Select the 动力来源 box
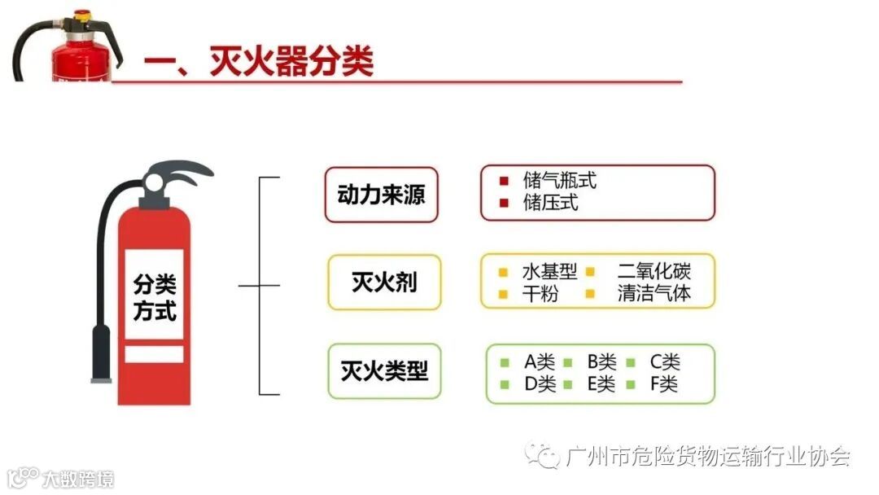(x=381, y=195)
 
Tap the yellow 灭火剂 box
(x=384, y=283)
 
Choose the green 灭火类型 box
(x=384, y=372)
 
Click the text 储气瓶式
(x=560, y=181)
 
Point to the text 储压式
(x=551, y=204)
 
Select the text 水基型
(x=549, y=271)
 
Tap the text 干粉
(x=540, y=294)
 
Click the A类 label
(x=540, y=361)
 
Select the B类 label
(x=602, y=361)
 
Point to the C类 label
(x=664, y=361)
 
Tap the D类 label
(x=540, y=384)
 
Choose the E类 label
(x=601, y=384)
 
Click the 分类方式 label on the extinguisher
(x=154, y=298)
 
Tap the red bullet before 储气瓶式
(x=505, y=181)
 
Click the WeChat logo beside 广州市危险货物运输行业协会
(x=541, y=456)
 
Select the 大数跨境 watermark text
(x=79, y=479)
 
